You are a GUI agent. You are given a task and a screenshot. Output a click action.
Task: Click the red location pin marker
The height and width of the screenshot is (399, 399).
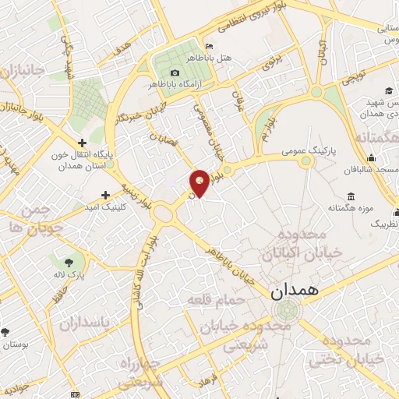199,182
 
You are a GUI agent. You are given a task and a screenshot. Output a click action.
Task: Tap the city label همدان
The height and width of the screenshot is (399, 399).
294,292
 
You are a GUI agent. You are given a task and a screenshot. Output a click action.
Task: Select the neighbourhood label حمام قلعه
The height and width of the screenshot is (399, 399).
215,299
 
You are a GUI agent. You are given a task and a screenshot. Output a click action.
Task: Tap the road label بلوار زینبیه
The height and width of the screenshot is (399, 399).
135,195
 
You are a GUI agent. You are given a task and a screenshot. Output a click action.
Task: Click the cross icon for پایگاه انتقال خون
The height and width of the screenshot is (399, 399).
82,142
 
